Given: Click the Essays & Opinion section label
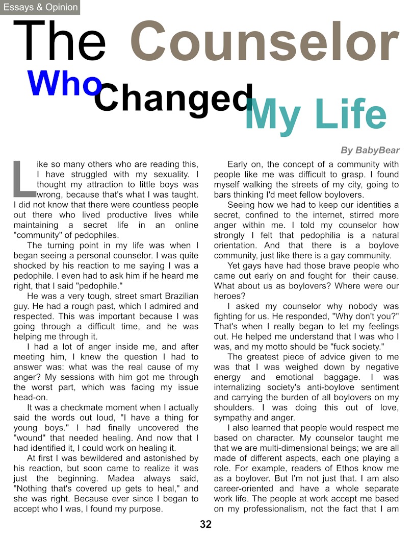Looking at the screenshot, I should [x=40, y=7].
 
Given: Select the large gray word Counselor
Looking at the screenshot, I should [x=264, y=42].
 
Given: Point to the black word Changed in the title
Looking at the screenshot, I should [x=173, y=99].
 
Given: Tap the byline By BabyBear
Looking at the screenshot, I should [x=370, y=150].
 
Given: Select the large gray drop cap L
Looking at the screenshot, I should [x=23, y=179].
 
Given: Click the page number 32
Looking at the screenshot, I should [x=205, y=524].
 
